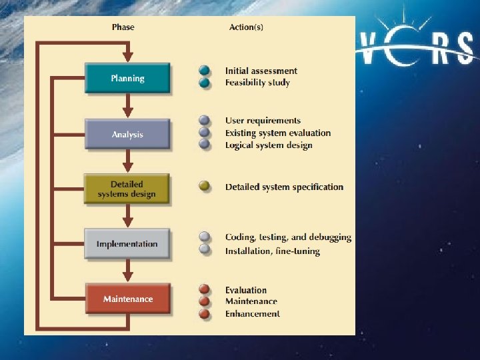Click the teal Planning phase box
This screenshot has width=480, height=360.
(x=127, y=79)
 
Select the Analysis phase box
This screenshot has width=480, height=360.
(x=127, y=135)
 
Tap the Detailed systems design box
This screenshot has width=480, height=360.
(x=127, y=189)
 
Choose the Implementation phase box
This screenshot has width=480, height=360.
(x=127, y=244)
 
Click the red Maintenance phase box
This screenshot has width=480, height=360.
(x=128, y=299)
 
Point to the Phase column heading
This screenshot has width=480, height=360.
(x=123, y=27)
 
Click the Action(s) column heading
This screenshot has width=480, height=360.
(x=247, y=27)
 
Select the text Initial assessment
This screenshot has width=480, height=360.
(x=261, y=71)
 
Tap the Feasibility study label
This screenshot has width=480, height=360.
(x=257, y=83)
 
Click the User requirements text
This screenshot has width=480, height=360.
(x=263, y=121)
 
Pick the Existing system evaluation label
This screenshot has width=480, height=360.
(x=277, y=133)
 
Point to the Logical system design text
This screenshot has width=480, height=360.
(x=268, y=145)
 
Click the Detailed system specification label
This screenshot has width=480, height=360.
(x=284, y=187)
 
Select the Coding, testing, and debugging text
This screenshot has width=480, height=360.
(x=288, y=237)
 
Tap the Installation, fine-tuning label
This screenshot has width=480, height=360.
(x=272, y=251)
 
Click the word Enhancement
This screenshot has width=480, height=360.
(x=252, y=314)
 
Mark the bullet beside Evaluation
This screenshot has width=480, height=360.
(x=205, y=290)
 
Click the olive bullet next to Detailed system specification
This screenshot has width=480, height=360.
(x=205, y=187)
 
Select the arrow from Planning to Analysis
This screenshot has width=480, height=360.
(x=128, y=106)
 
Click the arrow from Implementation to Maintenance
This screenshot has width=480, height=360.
(x=128, y=270)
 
